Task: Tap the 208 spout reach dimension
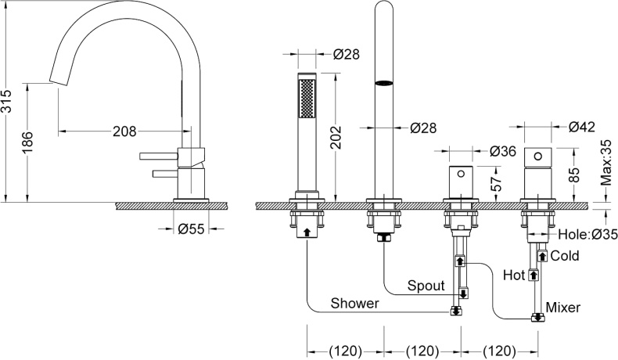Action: point(124,131)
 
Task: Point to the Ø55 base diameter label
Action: point(191,229)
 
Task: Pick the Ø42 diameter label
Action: point(583,126)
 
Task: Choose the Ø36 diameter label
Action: point(505,151)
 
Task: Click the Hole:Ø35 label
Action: point(584,233)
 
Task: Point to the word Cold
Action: point(565,256)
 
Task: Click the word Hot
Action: point(515,275)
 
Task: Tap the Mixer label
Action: point(563,308)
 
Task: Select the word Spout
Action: point(425,286)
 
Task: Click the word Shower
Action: point(354,303)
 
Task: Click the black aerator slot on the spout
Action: point(383,82)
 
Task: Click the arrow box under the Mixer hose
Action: point(537,318)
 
